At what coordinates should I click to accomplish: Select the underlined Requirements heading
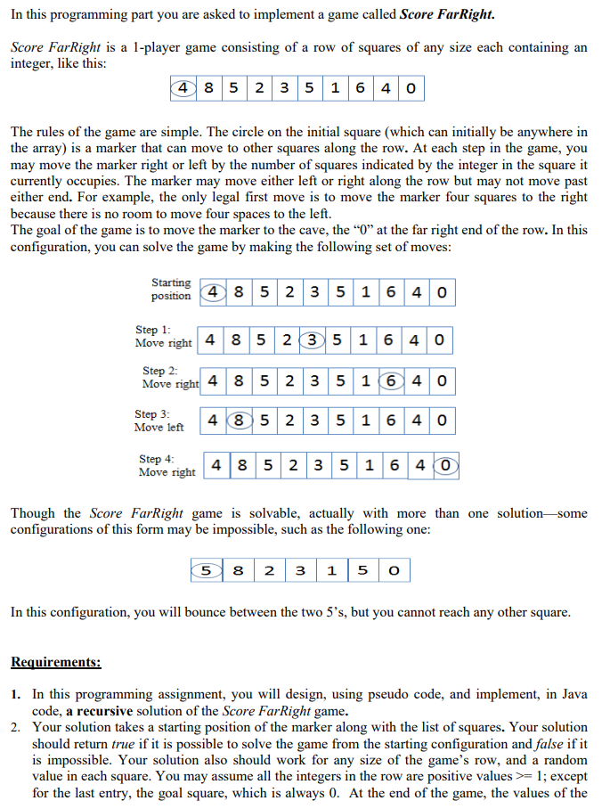click(x=55, y=662)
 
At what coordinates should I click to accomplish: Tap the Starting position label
click(x=171, y=290)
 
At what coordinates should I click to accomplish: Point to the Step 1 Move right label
click(x=163, y=337)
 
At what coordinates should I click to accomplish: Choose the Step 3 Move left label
click(x=159, y=421)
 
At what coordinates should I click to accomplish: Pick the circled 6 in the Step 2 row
click(x=389, y=381)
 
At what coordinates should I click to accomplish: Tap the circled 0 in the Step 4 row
click(x=446, y=464)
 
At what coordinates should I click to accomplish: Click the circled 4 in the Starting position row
click(x=213, y=292)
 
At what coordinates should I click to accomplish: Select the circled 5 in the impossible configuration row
click(x=206, y=569)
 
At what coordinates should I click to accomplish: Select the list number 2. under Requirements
click(x=18, y=727)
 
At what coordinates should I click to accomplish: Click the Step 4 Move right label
click(x=167, y=466)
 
